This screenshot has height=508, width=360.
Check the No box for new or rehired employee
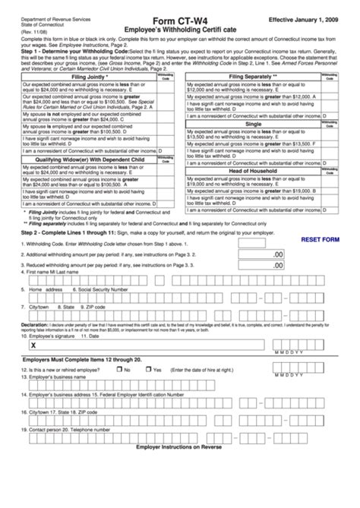(x=120, y=369)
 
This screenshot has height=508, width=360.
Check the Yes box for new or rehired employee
(x=149, y=369)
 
